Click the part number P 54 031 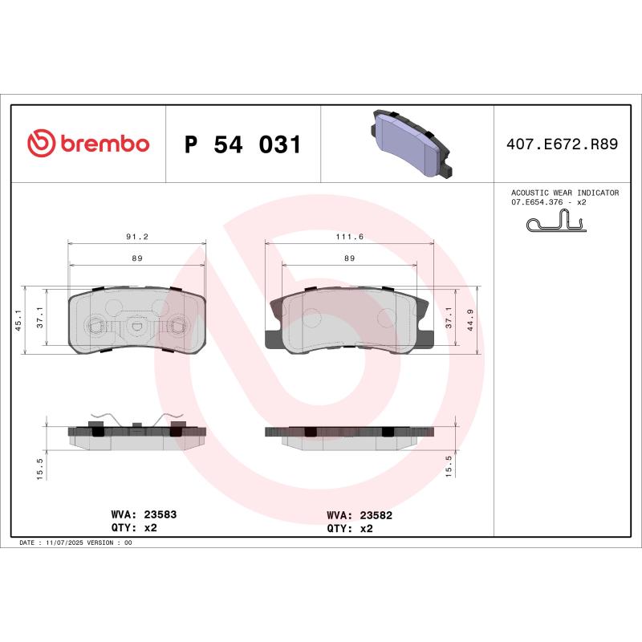pos(242,145)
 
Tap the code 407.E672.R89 pos(562,145)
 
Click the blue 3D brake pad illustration pos(409,144)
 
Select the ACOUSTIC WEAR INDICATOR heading pos(565,193)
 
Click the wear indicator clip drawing pos(559,222)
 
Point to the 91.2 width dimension pos(137,238)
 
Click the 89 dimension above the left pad pos(137,258)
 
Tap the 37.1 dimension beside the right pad pos(449,319)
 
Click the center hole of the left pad pos(136,326)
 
